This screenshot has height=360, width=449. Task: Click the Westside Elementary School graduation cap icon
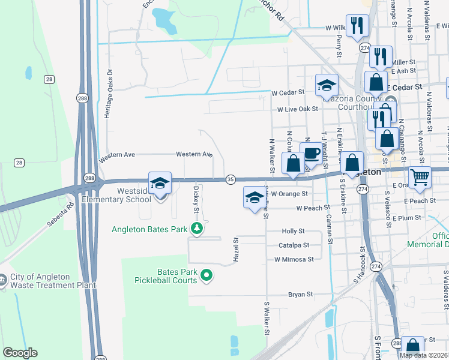[160, 184]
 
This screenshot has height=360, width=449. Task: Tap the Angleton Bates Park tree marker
[196, 228]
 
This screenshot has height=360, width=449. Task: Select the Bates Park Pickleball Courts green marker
[206, 275]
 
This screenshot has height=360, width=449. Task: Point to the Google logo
[20, 353]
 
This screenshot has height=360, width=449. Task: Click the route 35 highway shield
[231, 179]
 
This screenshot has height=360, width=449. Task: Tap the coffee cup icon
[311, 154]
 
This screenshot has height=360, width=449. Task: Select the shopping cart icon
[420, 177]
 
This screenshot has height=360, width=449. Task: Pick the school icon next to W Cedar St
[327, 85]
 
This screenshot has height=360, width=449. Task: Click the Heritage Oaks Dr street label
[109, 92]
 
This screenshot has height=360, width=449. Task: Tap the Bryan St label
[301, 295]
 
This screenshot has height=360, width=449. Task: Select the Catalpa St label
[294, 245]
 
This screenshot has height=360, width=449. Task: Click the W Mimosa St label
[294, 260]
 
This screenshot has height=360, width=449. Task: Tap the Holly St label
[294, 231]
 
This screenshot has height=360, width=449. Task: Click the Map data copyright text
[424, 355]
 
